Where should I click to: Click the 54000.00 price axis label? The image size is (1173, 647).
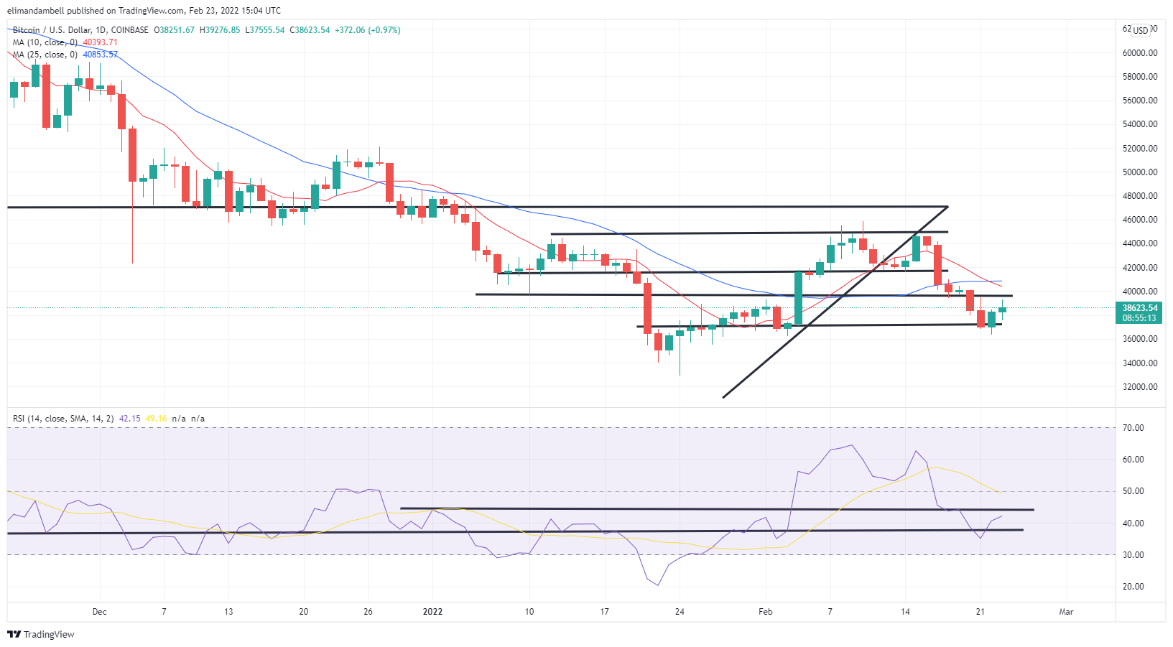(x=1140, y=124)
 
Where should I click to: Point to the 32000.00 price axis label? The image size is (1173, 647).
(x=1140, y=387)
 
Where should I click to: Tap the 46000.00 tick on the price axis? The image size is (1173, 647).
(x=1140, y=220)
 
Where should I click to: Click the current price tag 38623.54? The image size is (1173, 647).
(x=1140, y=308)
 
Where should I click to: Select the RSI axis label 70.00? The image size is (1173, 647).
(x=1133, y=428)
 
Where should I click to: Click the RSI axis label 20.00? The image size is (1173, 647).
(x=1133, y=587)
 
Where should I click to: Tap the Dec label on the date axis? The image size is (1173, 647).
(x=99, y=612)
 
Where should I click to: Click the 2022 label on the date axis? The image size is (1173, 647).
(x=432, y=612)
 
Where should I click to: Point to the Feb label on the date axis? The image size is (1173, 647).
(x=766, y=612)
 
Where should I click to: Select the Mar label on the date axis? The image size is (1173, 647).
(x=1066, y=612)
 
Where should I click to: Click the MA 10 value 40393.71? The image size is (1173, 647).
(x=100, y=42)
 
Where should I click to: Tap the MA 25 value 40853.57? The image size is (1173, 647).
(x=100, y=55)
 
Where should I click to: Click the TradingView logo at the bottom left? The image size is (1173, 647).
(x=41, y=634)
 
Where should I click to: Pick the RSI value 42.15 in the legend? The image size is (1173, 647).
(x=129, y=419)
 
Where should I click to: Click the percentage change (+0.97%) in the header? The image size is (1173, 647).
(x=384, y=30)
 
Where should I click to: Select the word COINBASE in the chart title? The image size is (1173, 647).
(x=129, y=30)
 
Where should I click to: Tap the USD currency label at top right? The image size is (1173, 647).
(x=1141, y=30)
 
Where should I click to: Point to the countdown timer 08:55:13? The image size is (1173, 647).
(x=1140, y=318)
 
